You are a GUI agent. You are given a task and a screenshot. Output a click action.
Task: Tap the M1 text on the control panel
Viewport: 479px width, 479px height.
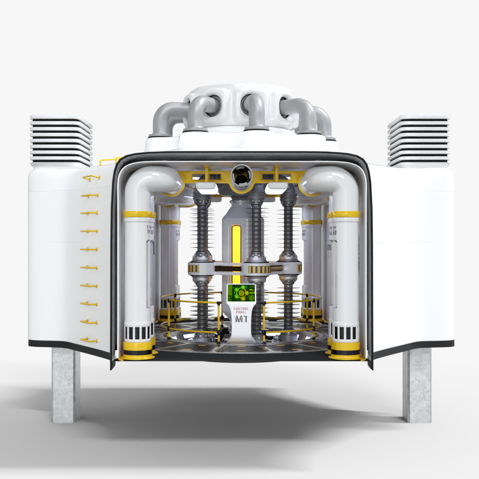point(241,319)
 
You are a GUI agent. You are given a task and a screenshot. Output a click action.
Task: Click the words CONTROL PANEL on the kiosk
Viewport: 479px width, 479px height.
point(241,310)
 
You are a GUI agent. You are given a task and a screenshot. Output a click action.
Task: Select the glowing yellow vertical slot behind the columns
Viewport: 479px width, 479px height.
point(236,247)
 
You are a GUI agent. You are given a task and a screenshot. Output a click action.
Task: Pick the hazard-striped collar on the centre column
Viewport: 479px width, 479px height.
point(256,269)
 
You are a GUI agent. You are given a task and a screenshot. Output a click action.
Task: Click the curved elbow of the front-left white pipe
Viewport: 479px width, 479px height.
point(150,180)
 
